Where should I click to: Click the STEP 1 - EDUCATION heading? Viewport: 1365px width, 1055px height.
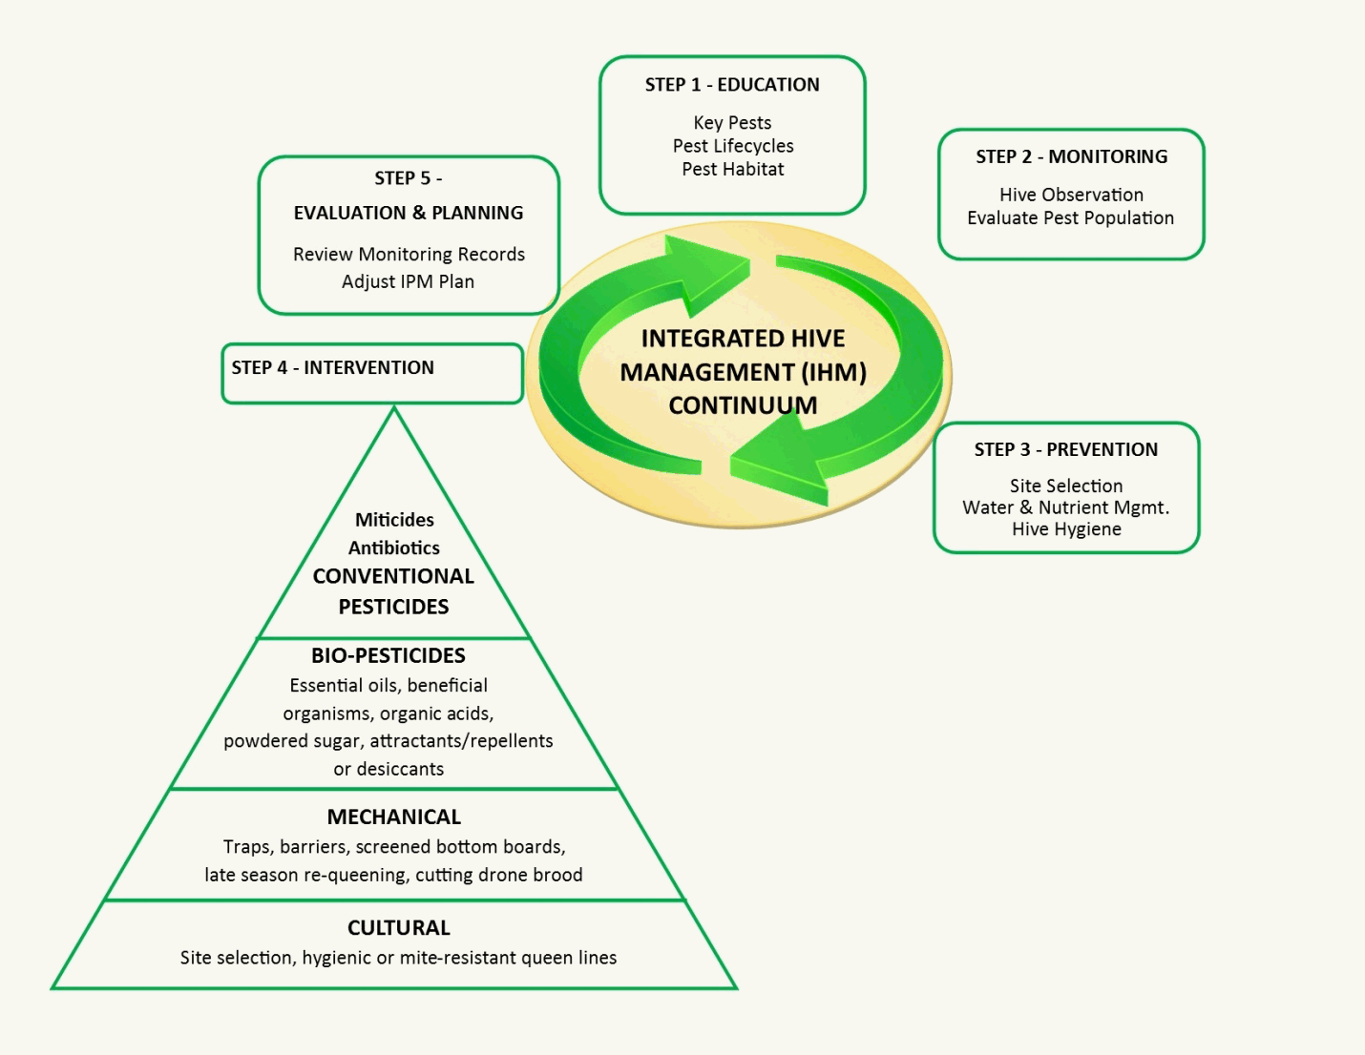click(732, 85)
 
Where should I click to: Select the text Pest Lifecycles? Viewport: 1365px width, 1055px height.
click(733, 146)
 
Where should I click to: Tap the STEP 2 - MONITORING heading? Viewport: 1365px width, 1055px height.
click(1071, 156)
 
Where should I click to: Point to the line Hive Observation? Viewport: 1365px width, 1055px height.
click(1071, 195)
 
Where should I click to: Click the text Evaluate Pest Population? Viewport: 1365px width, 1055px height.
click(1070, 217)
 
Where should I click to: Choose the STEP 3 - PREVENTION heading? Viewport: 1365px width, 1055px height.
click(1065, 449)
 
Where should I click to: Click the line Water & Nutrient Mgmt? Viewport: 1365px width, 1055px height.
click(1065, 507)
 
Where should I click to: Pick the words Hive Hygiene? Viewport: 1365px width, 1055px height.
click(1066, 529)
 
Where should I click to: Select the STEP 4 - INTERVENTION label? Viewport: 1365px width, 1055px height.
click(332, 368)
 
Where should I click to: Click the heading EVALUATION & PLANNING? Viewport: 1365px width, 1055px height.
click(409, 213)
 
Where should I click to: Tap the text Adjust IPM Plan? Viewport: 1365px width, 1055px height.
click(408, 281)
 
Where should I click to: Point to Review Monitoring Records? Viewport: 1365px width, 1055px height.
click(409, 255)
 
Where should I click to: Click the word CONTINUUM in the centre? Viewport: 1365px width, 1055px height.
click(743, 405)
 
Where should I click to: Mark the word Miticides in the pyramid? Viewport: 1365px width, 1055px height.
click(394, 520)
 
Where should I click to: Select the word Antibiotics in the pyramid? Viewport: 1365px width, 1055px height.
click(393, 548)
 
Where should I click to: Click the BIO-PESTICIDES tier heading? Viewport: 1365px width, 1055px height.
click(388, 655)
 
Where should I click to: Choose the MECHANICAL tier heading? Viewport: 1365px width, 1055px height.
click(393, 817)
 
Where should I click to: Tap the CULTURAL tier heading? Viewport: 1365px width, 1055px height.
click(398, 928)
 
